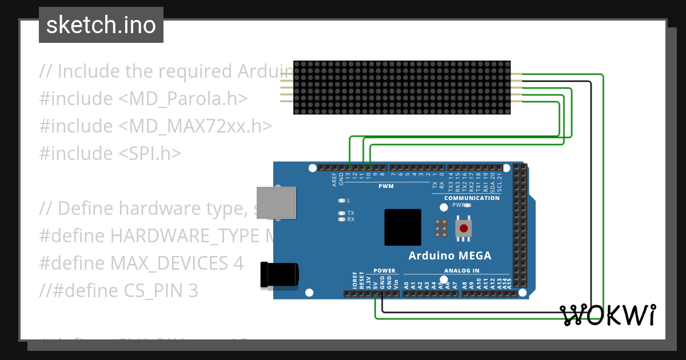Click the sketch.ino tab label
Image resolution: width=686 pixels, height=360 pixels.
[x=101, y=25]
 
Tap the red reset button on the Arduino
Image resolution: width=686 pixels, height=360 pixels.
[x=464, y=229]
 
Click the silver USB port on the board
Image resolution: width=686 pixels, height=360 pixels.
[x=277, y=202]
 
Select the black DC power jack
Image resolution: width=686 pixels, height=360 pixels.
[x=279, y=274]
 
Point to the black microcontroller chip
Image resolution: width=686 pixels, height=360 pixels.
[x=402, y=227]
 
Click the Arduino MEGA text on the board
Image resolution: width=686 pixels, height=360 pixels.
[x=449, y=255]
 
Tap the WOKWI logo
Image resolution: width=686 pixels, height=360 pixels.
[x=608, y=315]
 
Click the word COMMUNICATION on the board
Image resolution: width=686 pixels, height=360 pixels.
[x=472, y=198]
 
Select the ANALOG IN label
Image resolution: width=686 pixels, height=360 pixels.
[x=461, y=270]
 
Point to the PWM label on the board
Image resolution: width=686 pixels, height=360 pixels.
[x=386, y=186]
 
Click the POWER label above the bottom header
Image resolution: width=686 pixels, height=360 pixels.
[x=384, y=270]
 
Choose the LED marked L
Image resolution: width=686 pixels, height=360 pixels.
[x=342, y=201]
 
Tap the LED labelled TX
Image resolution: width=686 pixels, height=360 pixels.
[x=342, y=213]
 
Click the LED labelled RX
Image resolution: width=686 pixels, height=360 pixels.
[x=342, y=219]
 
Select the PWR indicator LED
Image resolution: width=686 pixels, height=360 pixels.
[x=468, y=205]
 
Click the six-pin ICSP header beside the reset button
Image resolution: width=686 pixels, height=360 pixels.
[x=440, y=228]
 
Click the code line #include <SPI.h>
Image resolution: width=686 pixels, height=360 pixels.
[x=110, y=153]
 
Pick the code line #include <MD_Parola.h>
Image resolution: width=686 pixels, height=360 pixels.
[x=143, y=98]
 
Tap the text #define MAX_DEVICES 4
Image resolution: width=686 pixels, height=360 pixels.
[x=141, y=263]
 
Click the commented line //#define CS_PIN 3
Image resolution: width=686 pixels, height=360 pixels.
[x=118, y=291]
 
